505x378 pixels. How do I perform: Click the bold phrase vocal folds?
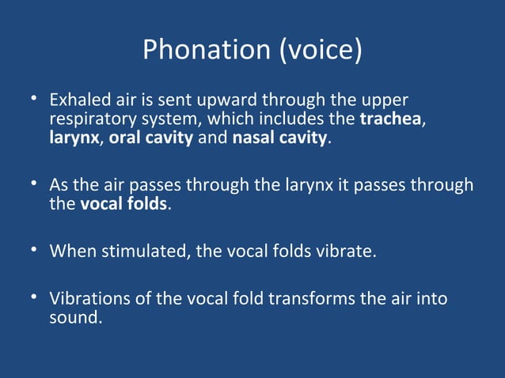124,204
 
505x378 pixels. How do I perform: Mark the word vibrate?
343,251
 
